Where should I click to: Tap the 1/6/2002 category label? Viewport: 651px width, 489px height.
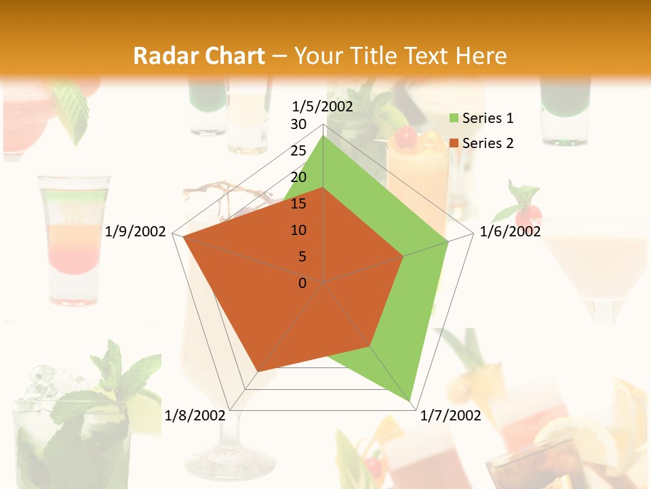point(510,232)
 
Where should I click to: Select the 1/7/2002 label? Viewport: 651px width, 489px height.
point(450,416)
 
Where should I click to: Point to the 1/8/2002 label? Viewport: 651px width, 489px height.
point(195,416)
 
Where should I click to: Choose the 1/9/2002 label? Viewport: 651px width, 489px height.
point(136,232)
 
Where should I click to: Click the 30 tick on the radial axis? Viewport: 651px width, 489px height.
point(298,124)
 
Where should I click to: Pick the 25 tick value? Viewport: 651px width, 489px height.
point(298,151)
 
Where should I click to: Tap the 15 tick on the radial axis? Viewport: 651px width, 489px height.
point(298,204)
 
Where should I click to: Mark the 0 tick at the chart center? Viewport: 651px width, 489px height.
point(302,283)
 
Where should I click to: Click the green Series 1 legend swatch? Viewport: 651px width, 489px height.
point(454,119)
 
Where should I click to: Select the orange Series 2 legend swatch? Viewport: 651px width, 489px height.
point(454,143)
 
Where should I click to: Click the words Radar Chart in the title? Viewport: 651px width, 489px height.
point(199,56)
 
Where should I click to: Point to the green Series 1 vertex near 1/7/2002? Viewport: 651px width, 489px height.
point(412,401)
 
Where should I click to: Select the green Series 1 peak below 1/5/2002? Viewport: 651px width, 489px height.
point(323,137)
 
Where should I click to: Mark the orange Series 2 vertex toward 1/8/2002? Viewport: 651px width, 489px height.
point(258,372)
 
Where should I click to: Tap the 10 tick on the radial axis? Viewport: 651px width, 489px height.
point(298,230)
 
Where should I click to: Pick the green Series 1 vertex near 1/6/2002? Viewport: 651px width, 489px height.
point(448,241)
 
